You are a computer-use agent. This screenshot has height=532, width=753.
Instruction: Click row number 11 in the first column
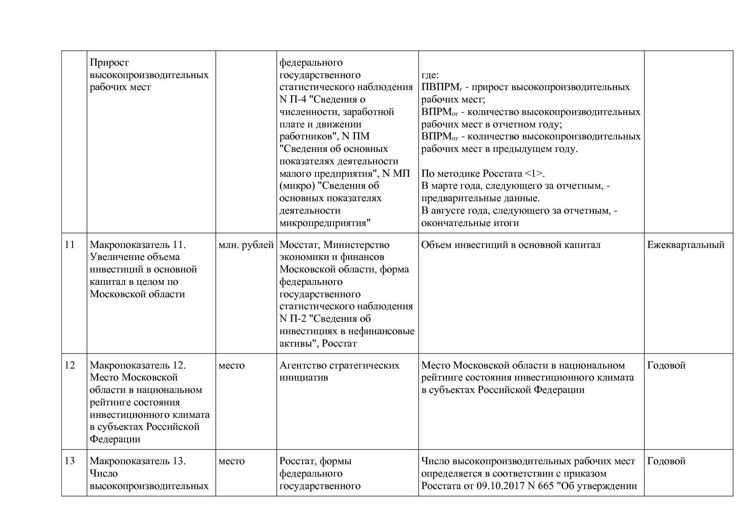coord(70,245)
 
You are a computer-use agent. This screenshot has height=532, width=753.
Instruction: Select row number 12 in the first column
coord(70,366)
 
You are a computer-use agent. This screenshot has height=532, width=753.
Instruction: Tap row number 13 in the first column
coord(70,461)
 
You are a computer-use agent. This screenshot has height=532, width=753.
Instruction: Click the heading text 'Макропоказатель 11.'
coord(137,245)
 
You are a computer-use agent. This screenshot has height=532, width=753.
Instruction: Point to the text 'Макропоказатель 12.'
coord(137,366)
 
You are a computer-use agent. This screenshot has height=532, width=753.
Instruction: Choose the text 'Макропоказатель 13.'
coord(137,461)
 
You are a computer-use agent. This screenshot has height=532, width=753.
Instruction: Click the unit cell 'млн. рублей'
coord(246,245)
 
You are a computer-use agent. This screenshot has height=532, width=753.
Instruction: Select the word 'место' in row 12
coord(231,366)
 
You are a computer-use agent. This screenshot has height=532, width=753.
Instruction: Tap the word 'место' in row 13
coord(231,461)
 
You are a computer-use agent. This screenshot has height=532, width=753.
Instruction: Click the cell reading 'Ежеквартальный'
coord(686,245)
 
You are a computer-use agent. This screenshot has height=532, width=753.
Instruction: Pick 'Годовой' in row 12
coord(666,366)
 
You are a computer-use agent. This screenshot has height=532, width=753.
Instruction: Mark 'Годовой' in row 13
coord(666,461)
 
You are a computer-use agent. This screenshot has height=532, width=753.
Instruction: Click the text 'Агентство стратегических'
coord(339,366)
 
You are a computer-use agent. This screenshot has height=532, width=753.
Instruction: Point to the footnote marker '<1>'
coord(534,174)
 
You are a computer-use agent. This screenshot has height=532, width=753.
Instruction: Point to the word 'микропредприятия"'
coord(325,223)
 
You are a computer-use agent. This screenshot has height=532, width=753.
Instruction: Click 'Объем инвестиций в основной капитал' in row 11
coord(510,245)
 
